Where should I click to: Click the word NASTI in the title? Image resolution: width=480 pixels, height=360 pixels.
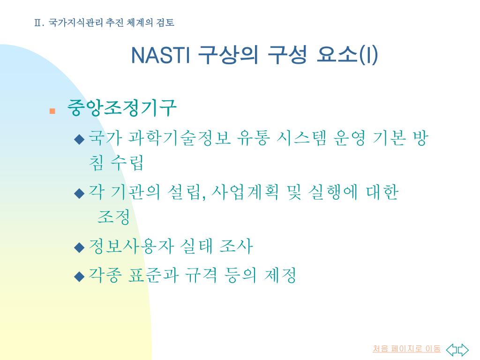(161, 55)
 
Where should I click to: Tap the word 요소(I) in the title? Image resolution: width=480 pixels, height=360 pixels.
(347, 55)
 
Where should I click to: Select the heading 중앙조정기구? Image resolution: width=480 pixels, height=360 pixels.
(122, 108)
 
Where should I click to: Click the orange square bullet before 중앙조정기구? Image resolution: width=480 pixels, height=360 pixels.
(52, 111)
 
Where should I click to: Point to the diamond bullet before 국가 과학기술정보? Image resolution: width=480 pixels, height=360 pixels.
(79, 139)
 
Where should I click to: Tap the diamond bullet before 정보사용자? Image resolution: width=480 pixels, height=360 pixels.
(79, 247)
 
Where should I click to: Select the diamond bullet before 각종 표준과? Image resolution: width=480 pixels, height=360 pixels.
(79, 277)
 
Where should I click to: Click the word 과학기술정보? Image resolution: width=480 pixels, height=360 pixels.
(179, 138)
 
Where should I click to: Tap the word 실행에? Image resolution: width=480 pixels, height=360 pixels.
(333, 192)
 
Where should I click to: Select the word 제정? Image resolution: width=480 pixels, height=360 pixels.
(280, 275)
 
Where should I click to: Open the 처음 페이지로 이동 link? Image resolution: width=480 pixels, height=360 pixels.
(406, 349)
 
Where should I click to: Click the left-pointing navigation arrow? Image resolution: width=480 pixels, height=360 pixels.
(451, 349)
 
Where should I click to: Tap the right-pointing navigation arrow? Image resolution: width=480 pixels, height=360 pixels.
(463, 349)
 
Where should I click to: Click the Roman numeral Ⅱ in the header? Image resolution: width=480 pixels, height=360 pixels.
(37, 23)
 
